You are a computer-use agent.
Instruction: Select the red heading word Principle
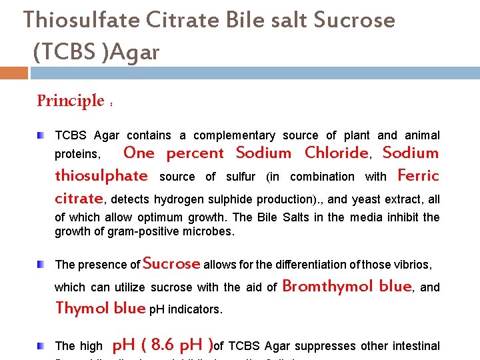pyautogui.click(x=71, y=101)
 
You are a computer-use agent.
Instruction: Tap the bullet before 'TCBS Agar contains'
pyautogui.click(x=41, y=135)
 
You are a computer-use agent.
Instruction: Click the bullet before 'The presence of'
pyautogui.click(x=41, y=265)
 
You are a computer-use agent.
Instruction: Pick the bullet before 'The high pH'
pyautogui.click(x=41, y=345)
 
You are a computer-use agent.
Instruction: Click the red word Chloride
pyautogui.click(x=336, y=153)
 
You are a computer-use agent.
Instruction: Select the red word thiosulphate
pyautogui.click(x=101, y=176)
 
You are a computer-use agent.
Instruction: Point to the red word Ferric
pyautogui.click(x=418, y=176)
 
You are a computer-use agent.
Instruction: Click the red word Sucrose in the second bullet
pyautogui.click(x=171, y=263)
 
